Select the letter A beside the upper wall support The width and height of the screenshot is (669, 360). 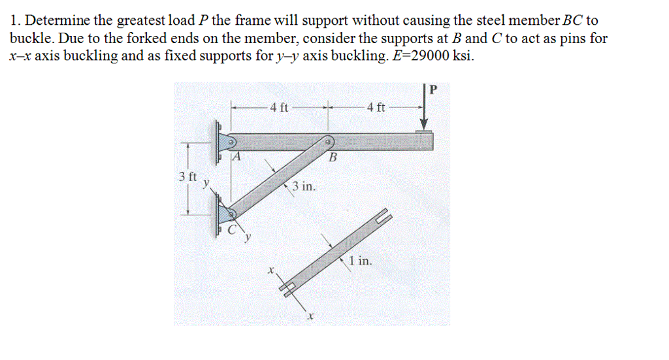(237, 157)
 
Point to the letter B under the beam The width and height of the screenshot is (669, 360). (332, 157)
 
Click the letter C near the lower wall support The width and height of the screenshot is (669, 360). (232, 231)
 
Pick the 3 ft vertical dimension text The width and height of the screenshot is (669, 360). (187, 176)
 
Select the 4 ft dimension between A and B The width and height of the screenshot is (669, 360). (279, 108)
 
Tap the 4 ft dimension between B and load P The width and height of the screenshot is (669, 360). (376, 108)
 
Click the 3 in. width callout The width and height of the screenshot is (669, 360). (304, 187)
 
